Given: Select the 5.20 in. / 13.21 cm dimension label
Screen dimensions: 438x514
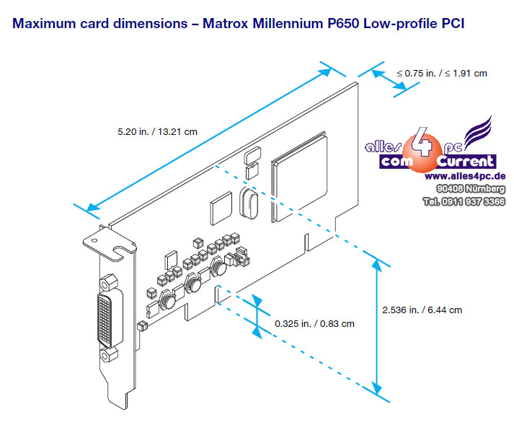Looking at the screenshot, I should pyautogui.click(x=157, y=132).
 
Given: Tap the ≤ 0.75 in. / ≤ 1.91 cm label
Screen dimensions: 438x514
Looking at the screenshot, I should pyautogui.click(x=441, y=73).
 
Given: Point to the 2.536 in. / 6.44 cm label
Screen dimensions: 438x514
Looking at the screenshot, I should pyautogui.click(x=422, y=310).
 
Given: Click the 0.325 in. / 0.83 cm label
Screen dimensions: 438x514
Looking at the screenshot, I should pyautogui.click(x=314, y=323).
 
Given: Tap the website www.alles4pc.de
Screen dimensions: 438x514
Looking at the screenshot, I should pyautogui.click(x=464, y=176).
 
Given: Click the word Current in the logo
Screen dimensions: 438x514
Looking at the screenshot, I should pyautogui.click(x=466, y=162).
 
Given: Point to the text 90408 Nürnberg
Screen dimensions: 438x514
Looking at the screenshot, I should pyautogui.click(x=471, y=189).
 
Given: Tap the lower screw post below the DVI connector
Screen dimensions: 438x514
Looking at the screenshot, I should pyautogui.click(x=110, y=354).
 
